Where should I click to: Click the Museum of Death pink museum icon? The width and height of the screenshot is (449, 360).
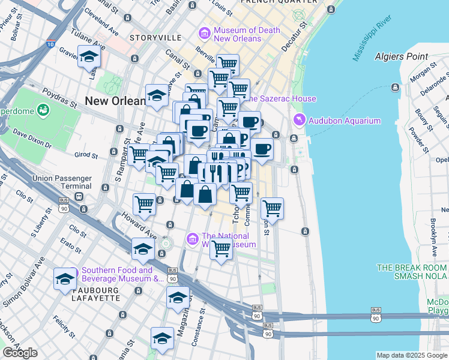coord(205,34)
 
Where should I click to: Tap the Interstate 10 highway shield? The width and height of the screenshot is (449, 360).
coord(50,44)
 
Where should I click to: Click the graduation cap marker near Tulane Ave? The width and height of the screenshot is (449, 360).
coord(89,58)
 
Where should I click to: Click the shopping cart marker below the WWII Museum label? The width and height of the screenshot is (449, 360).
coord(221,248)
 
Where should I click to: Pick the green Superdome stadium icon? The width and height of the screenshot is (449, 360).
coord(43,110)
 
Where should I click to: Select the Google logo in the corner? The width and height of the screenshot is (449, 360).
coord(20,353)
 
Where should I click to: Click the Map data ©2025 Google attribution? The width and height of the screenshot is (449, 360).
coord(411,355)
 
